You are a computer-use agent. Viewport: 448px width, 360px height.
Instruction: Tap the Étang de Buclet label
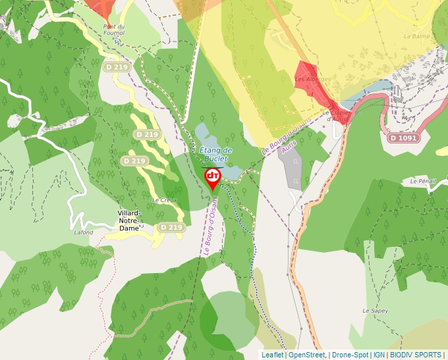click(x=213, y=154)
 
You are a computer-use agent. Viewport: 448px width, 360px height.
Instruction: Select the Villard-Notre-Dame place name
click(x=128, y=221)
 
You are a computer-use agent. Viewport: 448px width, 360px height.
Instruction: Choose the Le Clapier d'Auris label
click(x=335, y=115)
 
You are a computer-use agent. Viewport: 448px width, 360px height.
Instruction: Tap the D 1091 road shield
click(x=403, y=138)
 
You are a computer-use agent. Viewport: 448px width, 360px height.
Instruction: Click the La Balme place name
click(x=416, y=36)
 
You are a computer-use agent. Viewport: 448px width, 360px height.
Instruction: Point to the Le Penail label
click(x=422, y=180)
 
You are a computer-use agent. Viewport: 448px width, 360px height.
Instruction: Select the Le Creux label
click(x=164, y=200)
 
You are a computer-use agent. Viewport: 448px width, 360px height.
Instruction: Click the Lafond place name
click(x=84, y=232)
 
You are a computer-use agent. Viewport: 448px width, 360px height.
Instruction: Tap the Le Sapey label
click(x=372, y=309)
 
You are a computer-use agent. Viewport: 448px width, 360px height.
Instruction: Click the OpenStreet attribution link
click(x=307, y=355)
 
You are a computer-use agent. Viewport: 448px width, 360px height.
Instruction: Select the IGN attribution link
click(x=379, y=355)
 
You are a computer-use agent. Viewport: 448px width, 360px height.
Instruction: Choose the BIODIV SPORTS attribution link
click(x=416, y=355)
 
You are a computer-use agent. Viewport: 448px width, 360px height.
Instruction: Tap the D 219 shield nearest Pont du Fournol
click(x=115, y=67)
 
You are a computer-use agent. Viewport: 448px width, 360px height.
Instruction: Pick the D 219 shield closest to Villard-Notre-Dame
click(x=171, y=227)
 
